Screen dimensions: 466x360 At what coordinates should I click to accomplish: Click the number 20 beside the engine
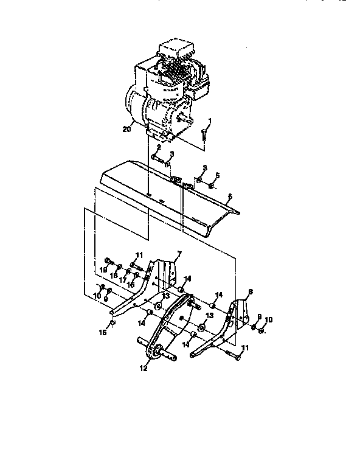tap(126, 128)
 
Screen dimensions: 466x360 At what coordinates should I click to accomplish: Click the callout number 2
tap(157, 147)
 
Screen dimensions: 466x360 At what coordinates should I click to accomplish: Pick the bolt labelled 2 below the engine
tap(159, 160)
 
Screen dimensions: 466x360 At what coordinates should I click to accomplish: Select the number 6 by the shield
tap(229, 197)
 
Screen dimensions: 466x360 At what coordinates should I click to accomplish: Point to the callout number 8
tap(249, 292)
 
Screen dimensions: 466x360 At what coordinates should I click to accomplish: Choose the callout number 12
tap(144, 367)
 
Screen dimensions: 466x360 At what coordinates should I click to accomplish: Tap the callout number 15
tap(103, 332)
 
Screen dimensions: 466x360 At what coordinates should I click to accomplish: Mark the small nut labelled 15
tap(113, 322)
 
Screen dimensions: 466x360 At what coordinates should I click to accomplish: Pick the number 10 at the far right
tap(268, 320)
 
